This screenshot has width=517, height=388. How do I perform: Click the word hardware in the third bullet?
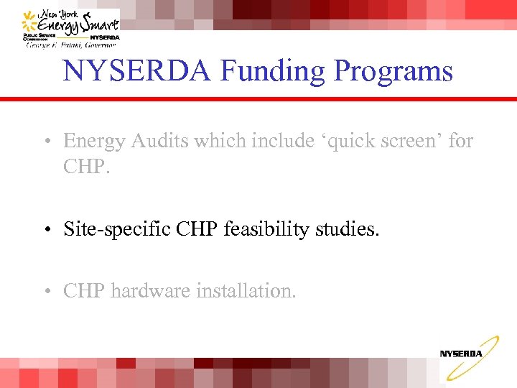pos(150,291)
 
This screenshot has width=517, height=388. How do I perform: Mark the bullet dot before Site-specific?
pos(45,231)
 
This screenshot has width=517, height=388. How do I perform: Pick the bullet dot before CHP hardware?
pos(45,292)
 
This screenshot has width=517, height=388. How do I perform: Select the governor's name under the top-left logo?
pos(72,45)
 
